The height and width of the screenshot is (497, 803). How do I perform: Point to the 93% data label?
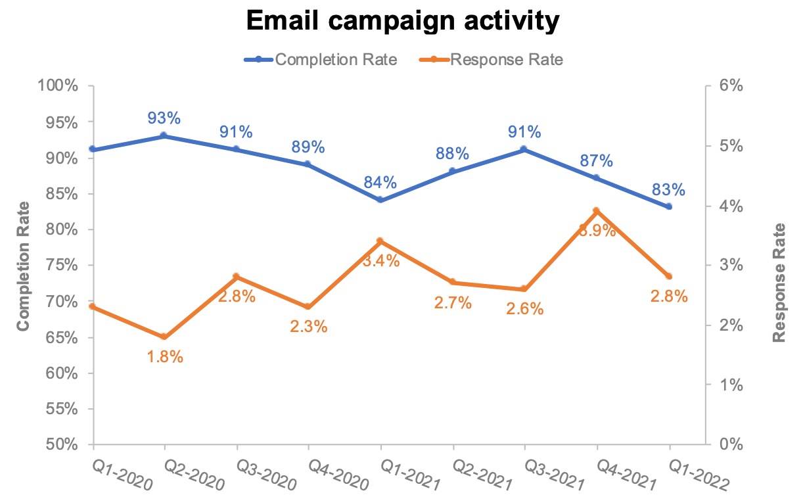point(164,118)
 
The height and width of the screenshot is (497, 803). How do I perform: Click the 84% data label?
point(380,182)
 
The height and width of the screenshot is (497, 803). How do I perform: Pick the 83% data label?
point(669,189)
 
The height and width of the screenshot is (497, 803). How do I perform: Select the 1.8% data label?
point(164,357)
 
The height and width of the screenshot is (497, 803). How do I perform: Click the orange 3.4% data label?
point(381,261)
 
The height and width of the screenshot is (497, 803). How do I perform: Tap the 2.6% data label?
point(525,308)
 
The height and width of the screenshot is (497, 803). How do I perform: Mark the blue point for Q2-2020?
point(164,136)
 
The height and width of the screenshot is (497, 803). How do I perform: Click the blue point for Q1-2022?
point(669,206)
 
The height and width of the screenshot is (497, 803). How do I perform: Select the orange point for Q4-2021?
point(597,211)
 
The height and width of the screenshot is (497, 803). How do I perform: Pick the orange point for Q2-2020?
point(164,337)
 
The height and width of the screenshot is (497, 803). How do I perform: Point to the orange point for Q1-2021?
point(380,241)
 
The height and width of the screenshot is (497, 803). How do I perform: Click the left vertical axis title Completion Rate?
point(24,266)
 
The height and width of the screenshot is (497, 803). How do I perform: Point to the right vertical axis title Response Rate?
point(779,283)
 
